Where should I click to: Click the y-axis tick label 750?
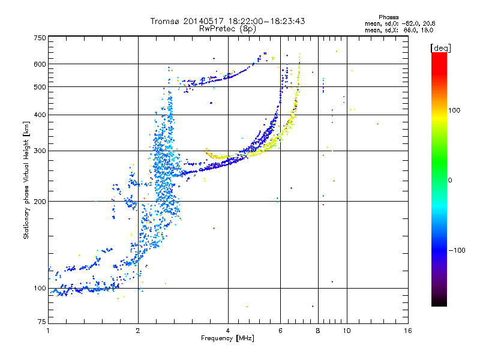point(40,38)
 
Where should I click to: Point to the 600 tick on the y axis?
point(40,64)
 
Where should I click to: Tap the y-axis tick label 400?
point(40,115)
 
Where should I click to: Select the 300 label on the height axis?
point(40,151)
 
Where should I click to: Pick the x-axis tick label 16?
point(408,331)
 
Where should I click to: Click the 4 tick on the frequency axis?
point(228,331)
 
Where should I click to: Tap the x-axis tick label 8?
point(318,331)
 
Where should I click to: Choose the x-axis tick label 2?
point(138,331)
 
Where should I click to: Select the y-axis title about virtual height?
point(26,181)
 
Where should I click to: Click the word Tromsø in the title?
point(166,21)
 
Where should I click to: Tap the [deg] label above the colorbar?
point(441,47)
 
